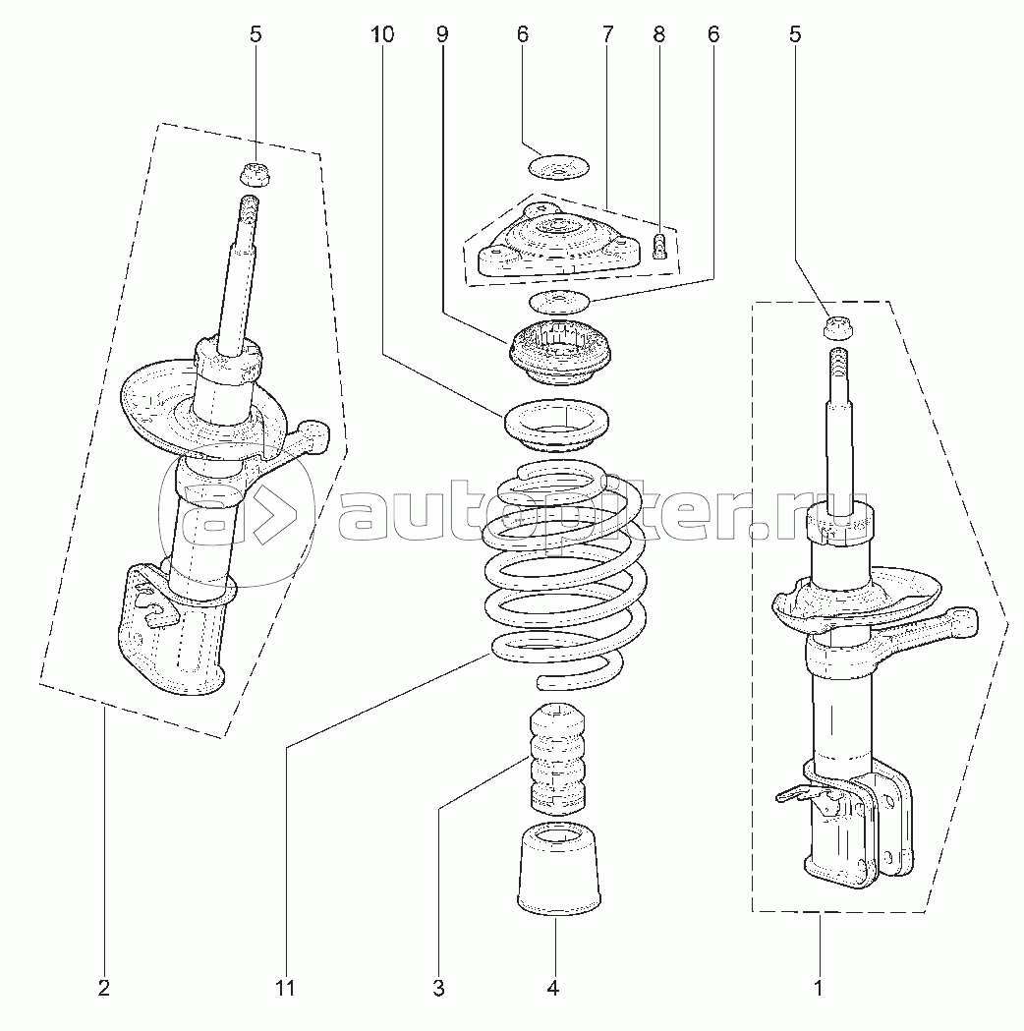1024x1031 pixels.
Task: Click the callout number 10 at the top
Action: [x=382, y=34]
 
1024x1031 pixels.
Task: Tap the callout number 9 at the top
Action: [x=442, y=34]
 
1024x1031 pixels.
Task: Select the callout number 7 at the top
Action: [x=606, y=34]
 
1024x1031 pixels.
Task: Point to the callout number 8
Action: [x=659, y=34]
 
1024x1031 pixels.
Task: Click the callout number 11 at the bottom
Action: [x=286, y=988]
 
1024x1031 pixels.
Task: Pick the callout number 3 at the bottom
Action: [x=438, y=988]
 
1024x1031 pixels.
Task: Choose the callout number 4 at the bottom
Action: [x=552, y=988]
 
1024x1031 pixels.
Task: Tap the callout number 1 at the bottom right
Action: [x=819, y=988]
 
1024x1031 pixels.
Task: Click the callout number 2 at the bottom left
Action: [x=104, y=988]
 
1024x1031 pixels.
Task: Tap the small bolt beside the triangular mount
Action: [x=659, y=246]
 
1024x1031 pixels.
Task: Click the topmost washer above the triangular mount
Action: [x=558, y=167]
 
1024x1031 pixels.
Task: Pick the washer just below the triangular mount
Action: [x=558, y=303]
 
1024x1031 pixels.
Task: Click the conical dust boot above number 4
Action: [x=558, y=869]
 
